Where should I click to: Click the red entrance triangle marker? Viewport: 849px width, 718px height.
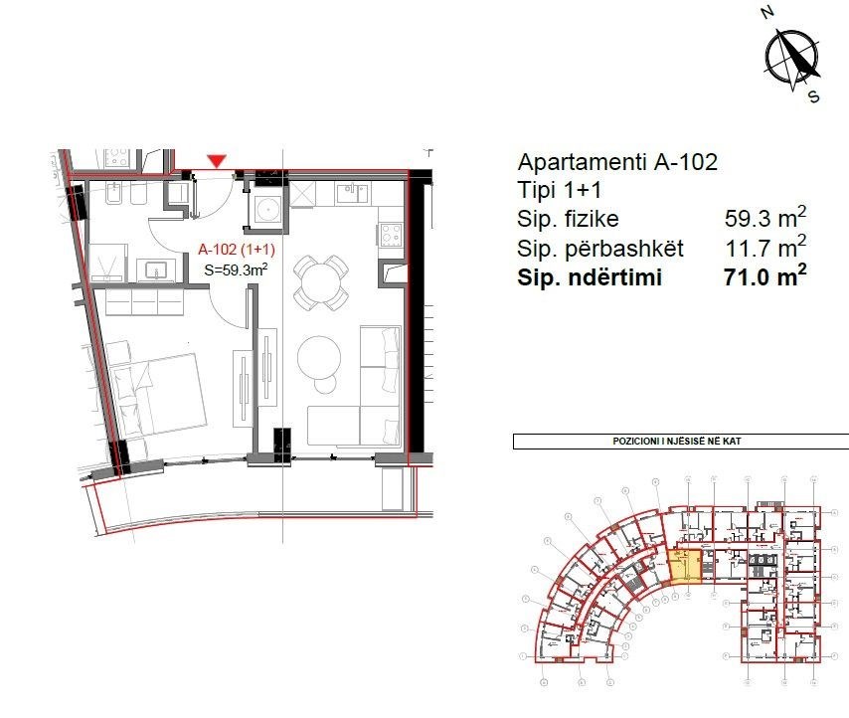(x=217, y=160)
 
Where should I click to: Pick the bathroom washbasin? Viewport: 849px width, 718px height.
(x=156, y=269)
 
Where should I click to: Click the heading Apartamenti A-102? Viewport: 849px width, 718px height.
(x=617, y=163)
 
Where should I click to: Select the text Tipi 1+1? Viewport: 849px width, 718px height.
(x=558, y=191)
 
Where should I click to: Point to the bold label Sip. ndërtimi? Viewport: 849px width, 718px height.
(x=590, y=277)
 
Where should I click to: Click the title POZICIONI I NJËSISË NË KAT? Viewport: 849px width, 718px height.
(x=681, y=442)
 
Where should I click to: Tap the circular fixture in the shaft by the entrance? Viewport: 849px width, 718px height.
(x=266, y=210)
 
